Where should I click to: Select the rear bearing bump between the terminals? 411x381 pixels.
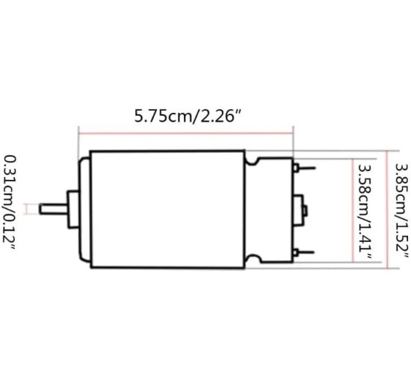(x=303, y=208)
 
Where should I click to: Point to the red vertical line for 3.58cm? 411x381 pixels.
(x=349, y=208)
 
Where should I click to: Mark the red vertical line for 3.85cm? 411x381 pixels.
(x=386, y=208)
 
